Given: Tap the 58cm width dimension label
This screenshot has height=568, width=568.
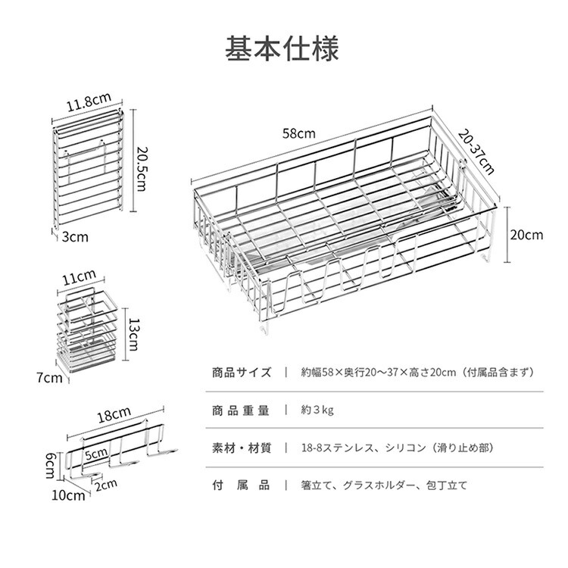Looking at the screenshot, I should click(x=299, y=133).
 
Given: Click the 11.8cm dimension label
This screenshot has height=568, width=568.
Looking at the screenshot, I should click(x=89, y=100).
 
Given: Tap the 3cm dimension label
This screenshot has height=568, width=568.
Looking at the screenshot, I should click(x=75, y=236).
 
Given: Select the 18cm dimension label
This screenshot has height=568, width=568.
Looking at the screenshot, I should click(x=114, y=416).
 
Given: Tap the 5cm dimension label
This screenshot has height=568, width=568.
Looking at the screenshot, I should click(x=96, y=454).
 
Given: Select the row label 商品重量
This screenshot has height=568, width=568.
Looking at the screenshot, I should click(x=242, y=410).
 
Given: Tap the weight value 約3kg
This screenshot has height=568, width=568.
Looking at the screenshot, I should click(x=317, y=410).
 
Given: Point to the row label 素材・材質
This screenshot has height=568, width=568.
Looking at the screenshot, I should click(x=242, y=448).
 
